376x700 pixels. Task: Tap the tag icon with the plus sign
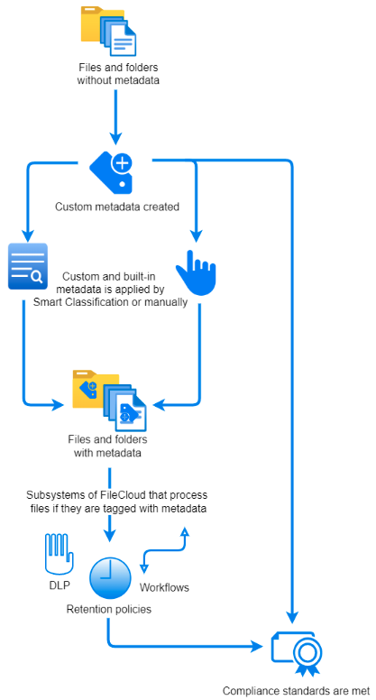114,169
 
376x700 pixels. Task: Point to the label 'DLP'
60,586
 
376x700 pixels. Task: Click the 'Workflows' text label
165,587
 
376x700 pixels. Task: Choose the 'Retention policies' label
108,610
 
